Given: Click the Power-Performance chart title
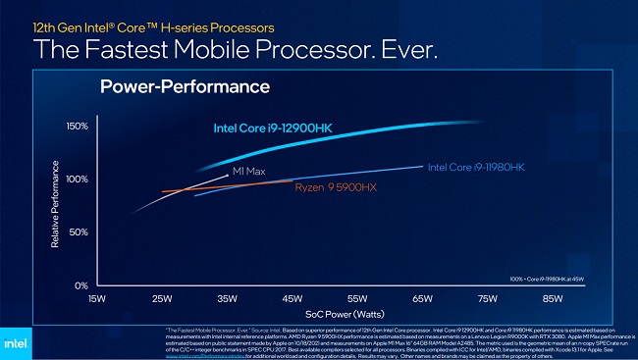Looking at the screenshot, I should [x=185, y=87].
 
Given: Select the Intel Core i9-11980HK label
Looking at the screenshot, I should [x=476, y=168].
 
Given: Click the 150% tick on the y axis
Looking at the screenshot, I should [x=78, y=127].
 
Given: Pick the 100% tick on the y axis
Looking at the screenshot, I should [x=78, y=180].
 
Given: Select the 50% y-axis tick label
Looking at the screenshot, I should [x=80, y=232].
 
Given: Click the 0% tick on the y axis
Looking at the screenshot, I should [x=82, y=285].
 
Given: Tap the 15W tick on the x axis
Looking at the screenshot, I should [x=97, y=297].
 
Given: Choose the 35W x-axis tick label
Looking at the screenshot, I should [x=228, y=297].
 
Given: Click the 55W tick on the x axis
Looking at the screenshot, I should [x=358, y=297].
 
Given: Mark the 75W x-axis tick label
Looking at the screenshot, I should [x=488, y=297].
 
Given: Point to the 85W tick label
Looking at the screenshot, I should [x=553, y=297].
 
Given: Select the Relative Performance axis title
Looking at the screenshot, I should [x=56, y=206].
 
